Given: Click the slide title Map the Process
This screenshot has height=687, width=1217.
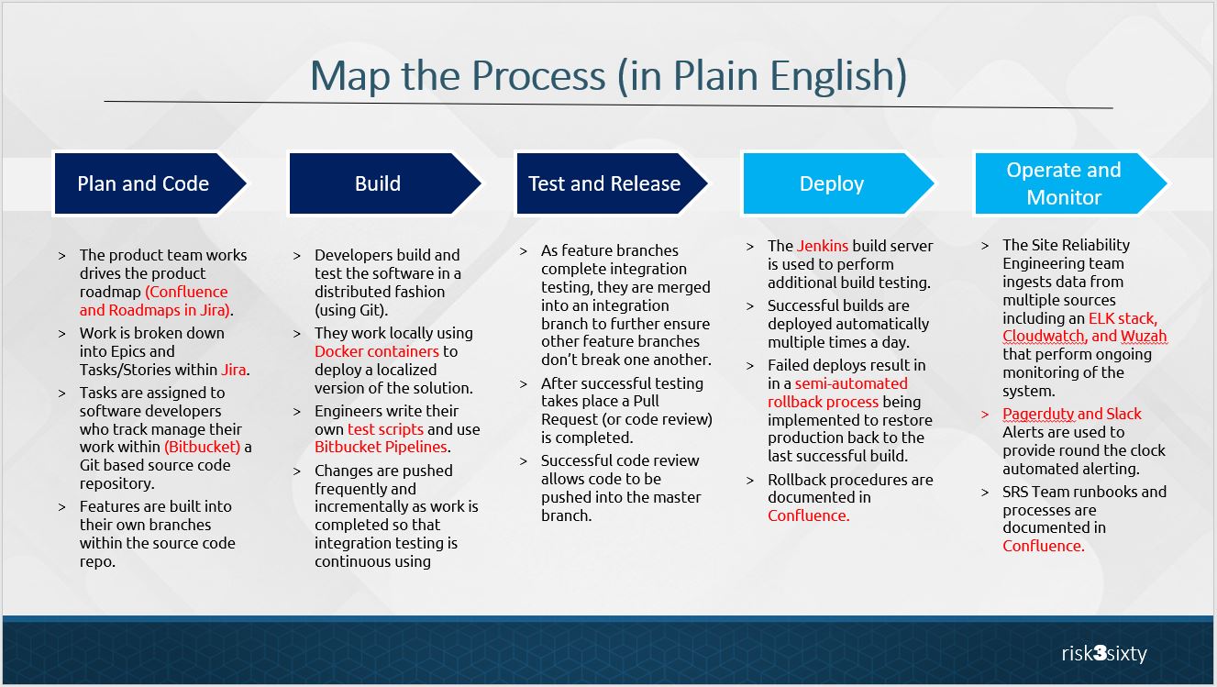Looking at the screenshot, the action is pos(608,75).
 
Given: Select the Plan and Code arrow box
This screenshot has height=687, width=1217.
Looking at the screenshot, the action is pos(143,183).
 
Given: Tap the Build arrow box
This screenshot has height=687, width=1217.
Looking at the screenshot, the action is pos(378,183).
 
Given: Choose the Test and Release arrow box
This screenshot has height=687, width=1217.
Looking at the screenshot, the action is pos(603,183).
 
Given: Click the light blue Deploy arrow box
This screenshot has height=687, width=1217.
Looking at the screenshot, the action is pos(831,183).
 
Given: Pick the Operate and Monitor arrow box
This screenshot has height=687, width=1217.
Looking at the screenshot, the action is pos(1063,183).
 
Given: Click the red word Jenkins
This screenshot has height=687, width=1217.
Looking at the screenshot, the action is pos(823,246).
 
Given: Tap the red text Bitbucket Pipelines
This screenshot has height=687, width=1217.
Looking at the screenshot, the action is pos(381,447).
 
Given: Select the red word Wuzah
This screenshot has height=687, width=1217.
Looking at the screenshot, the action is pos(1144,336).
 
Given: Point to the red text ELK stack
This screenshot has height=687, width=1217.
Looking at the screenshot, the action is pos(1123,318).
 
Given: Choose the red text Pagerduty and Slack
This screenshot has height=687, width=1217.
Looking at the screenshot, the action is pos(1071,414).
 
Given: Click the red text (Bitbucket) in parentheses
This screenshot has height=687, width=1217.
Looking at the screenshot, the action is pos(202,447).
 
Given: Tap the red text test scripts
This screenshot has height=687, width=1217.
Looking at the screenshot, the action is pos(385,429).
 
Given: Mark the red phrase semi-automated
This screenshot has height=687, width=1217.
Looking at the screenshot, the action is pos(850,383).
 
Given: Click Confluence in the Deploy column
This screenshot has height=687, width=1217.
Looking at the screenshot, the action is pos(808,515).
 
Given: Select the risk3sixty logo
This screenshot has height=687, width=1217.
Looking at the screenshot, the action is pos(1103,654).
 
